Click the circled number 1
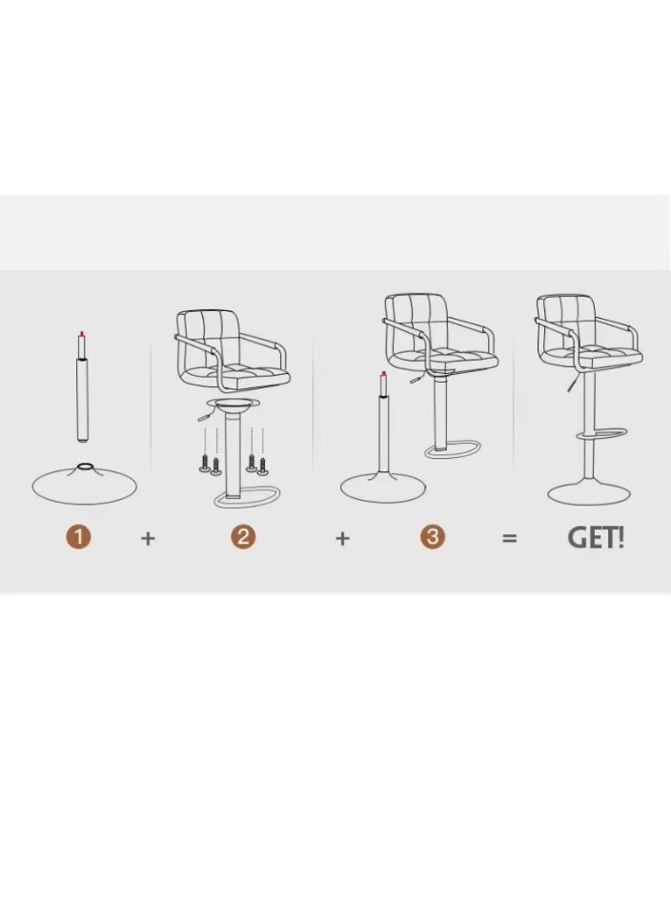point(78,537)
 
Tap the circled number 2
point(243,537)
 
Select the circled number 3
point(433,537)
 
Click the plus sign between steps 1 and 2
point(148,538)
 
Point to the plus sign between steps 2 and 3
point(342,538)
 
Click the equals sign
point(510,538)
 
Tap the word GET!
point(596,537)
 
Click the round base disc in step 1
point(84,485)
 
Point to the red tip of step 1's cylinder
point(81,334)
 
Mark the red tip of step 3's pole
point(383,373)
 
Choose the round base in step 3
point(382,488)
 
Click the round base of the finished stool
point(588,492)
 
